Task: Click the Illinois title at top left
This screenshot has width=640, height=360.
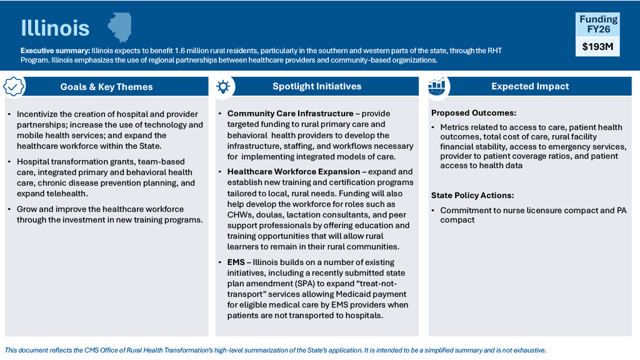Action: point(55,28)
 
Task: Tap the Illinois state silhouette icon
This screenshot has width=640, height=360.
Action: point(119,27)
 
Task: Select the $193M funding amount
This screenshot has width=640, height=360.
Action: point(597,46)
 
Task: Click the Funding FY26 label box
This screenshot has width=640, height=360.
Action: point(597,24)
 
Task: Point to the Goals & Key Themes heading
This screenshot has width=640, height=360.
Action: point(106,87)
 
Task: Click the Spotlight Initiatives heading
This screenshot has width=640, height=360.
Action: point(317,86)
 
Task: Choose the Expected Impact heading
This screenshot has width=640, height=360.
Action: point(530,86)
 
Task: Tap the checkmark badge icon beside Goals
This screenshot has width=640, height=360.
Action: point(14,87)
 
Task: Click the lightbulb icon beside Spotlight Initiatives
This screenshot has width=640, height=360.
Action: point(222,87)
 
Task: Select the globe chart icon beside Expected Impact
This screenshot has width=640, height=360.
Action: point(436,87)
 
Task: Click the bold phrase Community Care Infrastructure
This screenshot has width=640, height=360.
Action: point(290,114)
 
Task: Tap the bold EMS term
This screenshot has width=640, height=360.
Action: point(236,262)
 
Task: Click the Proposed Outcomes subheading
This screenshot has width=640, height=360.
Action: point(474,113)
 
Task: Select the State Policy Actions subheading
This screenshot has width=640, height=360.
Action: point(472,196)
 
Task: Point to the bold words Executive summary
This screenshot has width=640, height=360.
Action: point(55,51)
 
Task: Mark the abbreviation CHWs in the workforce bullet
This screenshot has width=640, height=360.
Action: point(241,215)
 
